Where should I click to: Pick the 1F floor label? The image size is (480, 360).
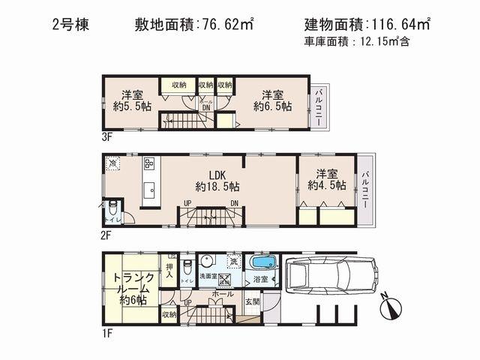pyautogui.click(x=107, y=333)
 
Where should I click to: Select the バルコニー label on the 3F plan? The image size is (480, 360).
pyautogui.click(x=318, y=106)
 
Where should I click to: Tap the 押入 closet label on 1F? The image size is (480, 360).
pyautogui.click(x=169, y=270)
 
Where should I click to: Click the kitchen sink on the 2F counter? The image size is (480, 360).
pyautogui.click(x=148, y=188)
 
